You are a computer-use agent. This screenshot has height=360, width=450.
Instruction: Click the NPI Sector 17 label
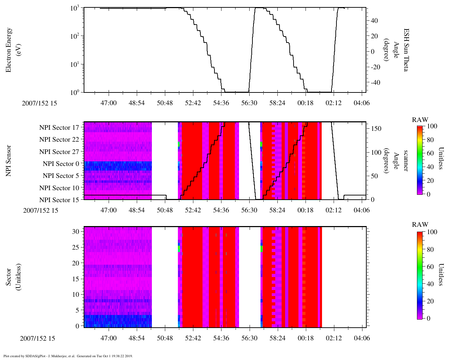tap(59, 128)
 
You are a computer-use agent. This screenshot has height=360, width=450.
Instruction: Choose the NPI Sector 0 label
tap(61, 164)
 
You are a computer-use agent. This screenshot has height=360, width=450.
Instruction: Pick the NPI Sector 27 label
tap(59, 152)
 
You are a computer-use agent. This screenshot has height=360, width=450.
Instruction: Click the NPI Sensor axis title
tap(8, 161)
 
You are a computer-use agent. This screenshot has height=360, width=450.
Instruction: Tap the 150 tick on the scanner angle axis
tap(376, 129)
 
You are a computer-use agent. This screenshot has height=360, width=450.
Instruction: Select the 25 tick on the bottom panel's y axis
tap(76, 247)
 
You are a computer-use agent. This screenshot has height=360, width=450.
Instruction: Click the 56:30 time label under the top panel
tap(249, 103)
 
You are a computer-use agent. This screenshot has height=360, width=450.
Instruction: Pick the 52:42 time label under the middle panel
tap(193, 210)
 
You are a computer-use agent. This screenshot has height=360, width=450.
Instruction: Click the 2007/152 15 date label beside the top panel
tap(39, 103)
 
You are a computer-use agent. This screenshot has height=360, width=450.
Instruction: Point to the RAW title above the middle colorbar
tap(420, 120)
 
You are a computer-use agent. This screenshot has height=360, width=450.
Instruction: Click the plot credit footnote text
tap(68, 356)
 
